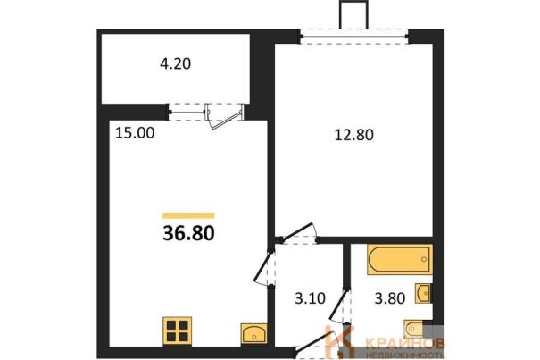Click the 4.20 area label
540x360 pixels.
pyautogui.click(x=175, y=64)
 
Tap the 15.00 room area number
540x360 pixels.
pyautogui.click(x=135, y=133)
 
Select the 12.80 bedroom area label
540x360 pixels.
pyautogui.click(x=354, y=135)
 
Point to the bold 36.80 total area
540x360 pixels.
pyautogui.click(x=188, y=233)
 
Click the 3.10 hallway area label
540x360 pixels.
pyautogui.click(x=310, y=298)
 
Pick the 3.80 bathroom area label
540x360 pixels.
pyautogui.click(x=390, y=298)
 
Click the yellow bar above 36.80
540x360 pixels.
pyautogui.click(x=188, y=216)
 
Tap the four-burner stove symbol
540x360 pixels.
pyautogui.click(x=177, y=331)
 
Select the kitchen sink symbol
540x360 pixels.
pyautogui.click(x=253, y=333)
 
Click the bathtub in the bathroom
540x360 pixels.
pyautogui.click(x=400, y=260)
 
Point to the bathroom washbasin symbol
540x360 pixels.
pyautogui.click(x=423, y=293)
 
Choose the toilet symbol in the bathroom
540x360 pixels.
pyautogui.click(x=414, y=329)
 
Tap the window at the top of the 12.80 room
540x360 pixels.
pyautogui.click(x=353, y=37)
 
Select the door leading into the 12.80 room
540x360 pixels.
pyautogui.click(x=299, y=233)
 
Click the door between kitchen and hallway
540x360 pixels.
pyautogui.click(x=264, y=268)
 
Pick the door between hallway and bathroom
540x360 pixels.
pyautogui.click(x=339, y=306)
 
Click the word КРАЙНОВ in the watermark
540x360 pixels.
pyautogui.click(x=404, y=343)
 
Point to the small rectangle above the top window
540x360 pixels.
pyautogui.click(x=353, y=14)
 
